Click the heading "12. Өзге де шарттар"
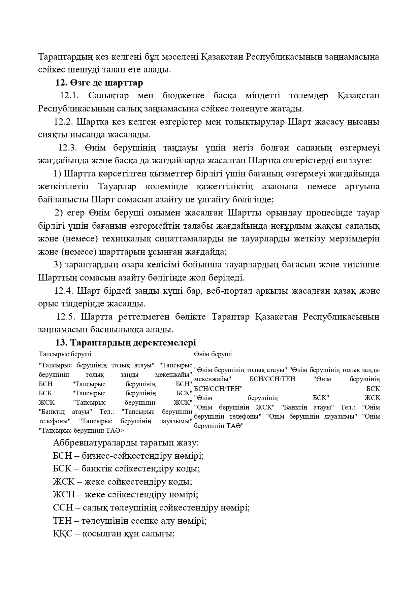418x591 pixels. (99, 83)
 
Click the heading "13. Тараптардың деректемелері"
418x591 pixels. (126, 343)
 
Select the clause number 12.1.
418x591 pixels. (69, 96)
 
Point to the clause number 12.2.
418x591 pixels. (64, 122)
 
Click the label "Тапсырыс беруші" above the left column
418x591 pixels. (65, 354)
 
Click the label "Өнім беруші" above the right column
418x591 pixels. (213, 354)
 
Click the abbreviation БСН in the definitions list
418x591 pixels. (62, 456)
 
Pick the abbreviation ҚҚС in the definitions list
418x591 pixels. (62, 534)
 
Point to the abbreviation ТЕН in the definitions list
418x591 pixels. (62, 521)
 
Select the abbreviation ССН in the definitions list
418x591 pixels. (62, 508)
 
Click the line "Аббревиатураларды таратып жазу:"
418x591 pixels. (126, 443)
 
